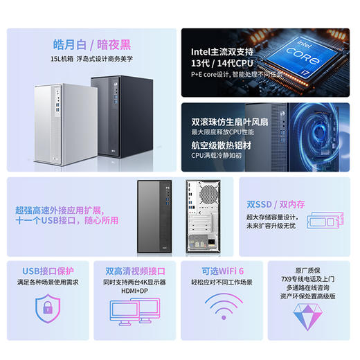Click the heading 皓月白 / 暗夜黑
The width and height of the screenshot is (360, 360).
[x=92, y=44]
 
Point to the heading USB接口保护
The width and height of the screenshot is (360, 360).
[x=48, y=271]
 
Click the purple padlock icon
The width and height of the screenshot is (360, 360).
[x=48, y=305]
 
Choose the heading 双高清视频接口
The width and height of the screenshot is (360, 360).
[x=135, y=271]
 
